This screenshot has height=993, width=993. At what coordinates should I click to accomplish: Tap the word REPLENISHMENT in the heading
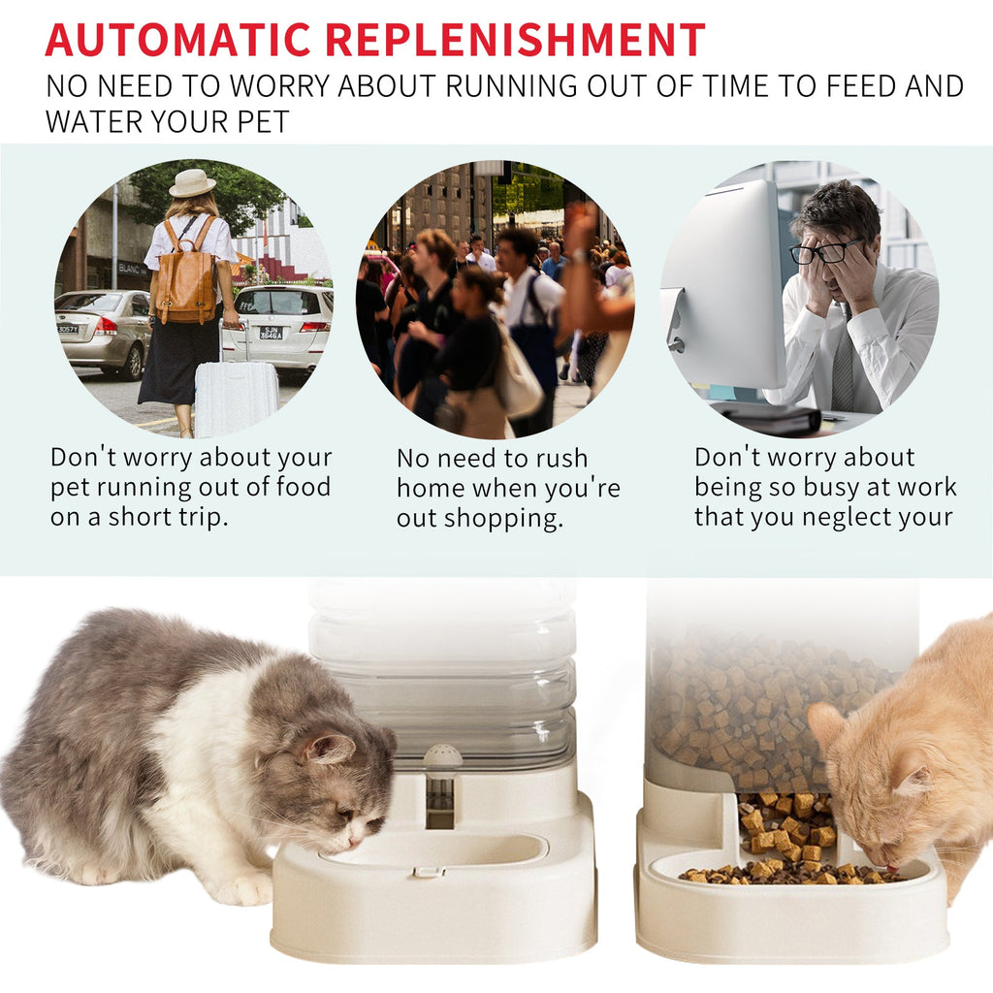[514, 40]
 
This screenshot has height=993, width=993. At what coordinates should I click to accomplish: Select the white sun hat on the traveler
[192, 183]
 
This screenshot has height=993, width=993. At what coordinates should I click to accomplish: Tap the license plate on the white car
[272, 332]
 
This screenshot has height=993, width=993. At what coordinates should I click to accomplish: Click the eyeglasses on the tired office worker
[825, 253]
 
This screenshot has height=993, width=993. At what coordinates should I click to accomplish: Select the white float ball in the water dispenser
[442, 756]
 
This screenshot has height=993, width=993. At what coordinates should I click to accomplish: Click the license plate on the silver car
[67, 329]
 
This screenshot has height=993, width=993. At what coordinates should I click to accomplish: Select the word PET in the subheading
[261, 122]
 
